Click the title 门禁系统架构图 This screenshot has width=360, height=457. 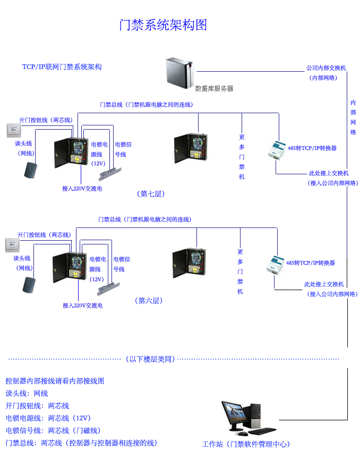[x=163, y=25]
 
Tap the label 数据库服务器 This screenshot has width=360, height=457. [x=214, y=89]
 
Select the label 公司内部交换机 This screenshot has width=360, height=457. [x=325, y=68]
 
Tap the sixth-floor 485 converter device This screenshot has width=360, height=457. [x=276, y=264]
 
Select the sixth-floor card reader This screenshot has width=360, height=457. [x=29, y=285]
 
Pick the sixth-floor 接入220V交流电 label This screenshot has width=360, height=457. [x=82, y=306]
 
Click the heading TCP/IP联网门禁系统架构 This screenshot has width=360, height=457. [x=62, y=67]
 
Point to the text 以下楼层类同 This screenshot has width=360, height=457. [x=151, y=359]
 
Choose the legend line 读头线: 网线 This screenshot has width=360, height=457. [x=27, y=393]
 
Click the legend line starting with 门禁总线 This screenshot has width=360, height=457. [x=81, y=442]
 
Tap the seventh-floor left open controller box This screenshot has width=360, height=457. [x=71, y=152]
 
